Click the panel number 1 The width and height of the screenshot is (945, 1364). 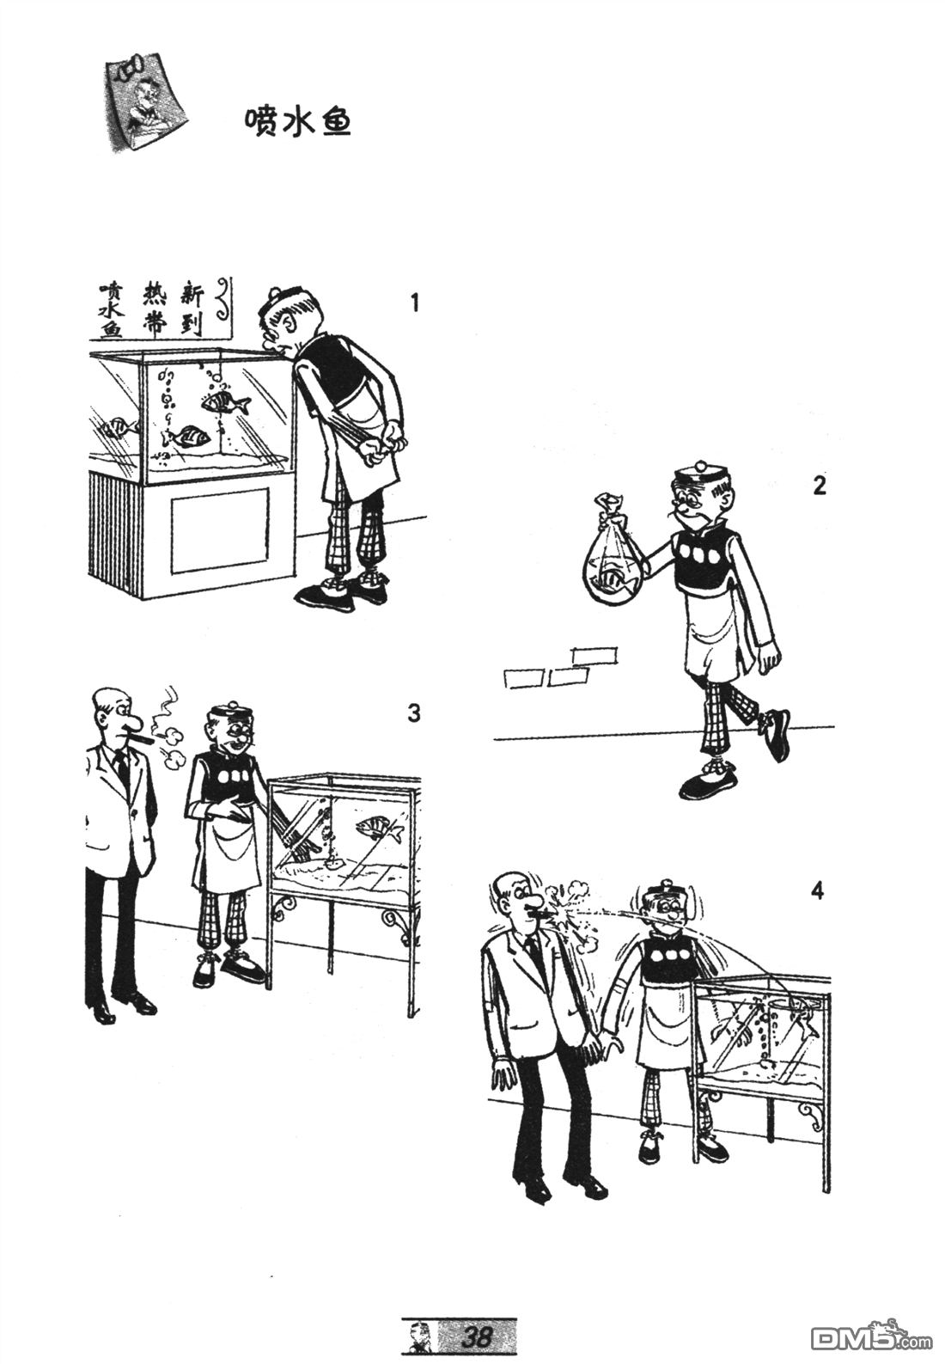(x=414, y=303)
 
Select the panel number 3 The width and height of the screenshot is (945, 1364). (x=414, y=713)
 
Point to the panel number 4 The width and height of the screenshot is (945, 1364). (x=817, y=891)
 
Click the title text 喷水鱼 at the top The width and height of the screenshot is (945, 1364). (x=297, y=122)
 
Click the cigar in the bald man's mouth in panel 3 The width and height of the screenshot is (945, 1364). (x=142, y=738)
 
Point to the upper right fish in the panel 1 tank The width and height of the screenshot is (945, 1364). (x=224, y=402)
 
